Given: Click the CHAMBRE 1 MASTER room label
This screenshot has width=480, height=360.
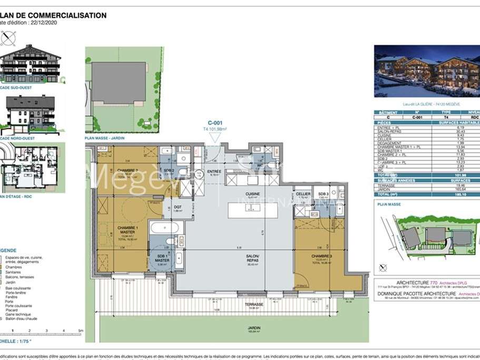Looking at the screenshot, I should pyautogui.click(x=126, y=230).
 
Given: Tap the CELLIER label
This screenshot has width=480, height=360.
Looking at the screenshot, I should pyautogui.click(x=302, y=193).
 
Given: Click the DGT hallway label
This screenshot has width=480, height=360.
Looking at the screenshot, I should pyautogui.click(x=178, y=207).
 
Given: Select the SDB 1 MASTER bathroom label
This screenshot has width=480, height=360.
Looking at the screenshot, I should pyautogui.click(x=162, y=258).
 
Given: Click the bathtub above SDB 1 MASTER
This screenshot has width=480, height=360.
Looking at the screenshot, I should pyautogui.click(x=165, y=228).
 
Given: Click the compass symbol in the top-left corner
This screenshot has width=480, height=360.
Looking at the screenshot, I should pyautogui.click(x=8, y=38).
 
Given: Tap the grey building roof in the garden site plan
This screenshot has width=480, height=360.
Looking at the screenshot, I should pyautogui.click(x=119, y=82).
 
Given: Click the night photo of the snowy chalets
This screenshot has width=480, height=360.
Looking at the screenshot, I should pyautogui.click(x=427, y=71).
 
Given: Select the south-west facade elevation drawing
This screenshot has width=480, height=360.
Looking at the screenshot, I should pyautogui.click(x=30, y=64).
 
